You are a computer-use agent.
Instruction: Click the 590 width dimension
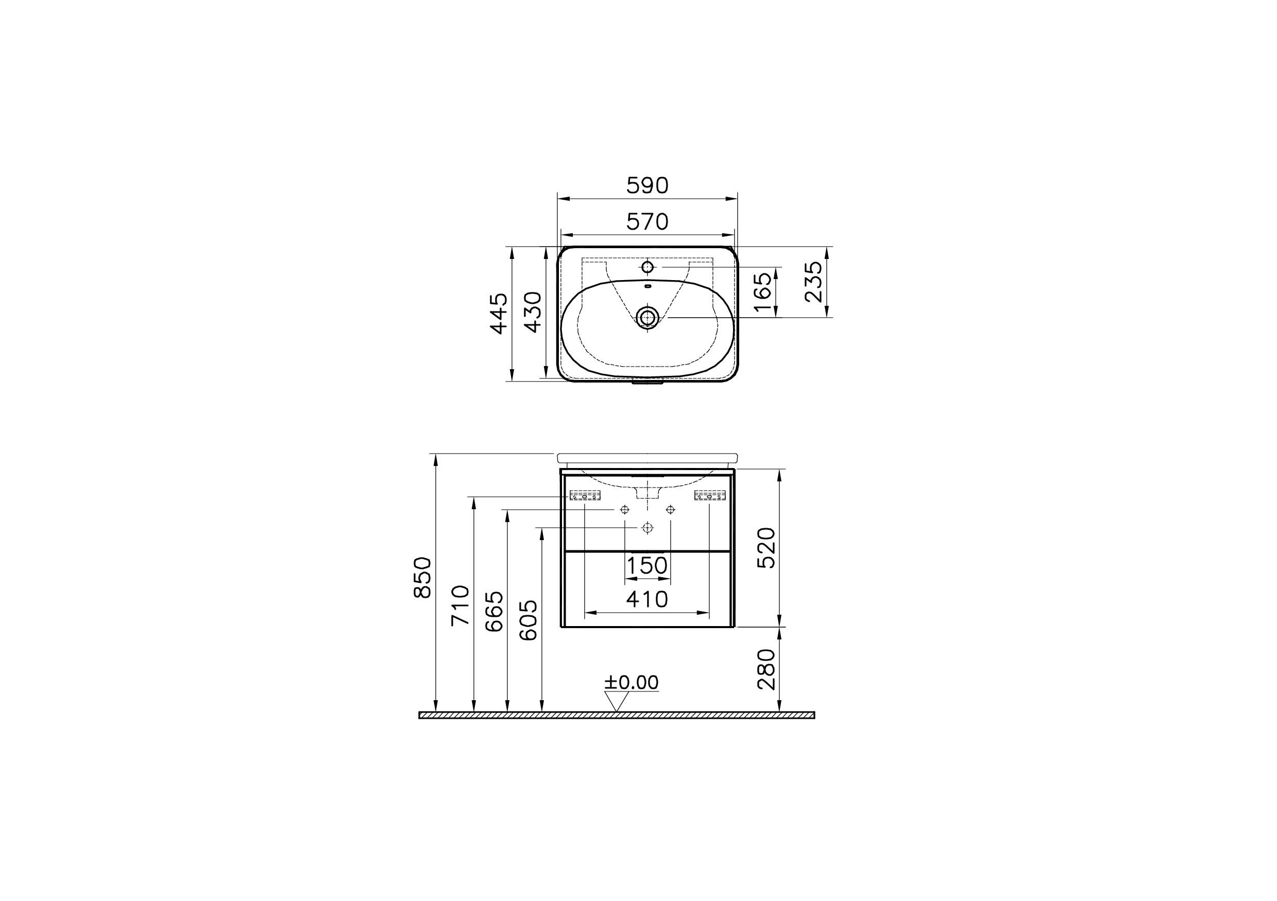point(647,186)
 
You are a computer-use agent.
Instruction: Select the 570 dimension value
point(647,222)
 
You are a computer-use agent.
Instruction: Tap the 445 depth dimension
point(499,314)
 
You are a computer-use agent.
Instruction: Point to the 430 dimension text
point(533,313)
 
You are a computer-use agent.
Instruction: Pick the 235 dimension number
point(814,282)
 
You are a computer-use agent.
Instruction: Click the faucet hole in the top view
point(647,267)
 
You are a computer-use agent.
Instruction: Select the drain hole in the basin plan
point(647,317)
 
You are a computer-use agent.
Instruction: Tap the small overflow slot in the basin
point(647,287)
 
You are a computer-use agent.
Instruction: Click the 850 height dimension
point(423,577)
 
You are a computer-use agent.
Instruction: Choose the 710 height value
point(461,605)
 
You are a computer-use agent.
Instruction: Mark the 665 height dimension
point(495,612)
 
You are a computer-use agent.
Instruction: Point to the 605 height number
point(529,620)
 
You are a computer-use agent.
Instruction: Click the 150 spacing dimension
point(647,566)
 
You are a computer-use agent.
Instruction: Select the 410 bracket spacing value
point(647,599)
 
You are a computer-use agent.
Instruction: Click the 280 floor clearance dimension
point(767,669)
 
